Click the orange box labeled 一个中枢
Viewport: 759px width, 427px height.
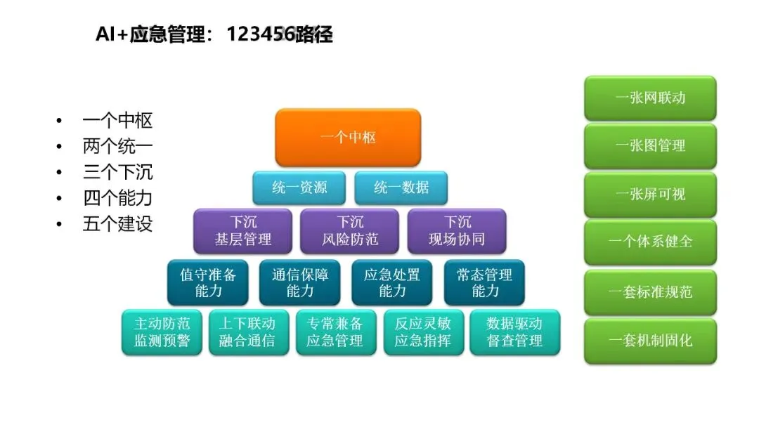(x=348, y=138)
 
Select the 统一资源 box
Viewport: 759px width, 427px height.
(x=299, y=188)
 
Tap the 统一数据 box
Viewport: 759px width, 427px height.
(x=401, y=188)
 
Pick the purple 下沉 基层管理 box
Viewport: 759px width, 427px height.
(x=243, y=231)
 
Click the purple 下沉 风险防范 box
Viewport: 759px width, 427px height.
(x=350, y=231)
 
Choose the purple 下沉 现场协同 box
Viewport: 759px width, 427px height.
(x=457, y=231)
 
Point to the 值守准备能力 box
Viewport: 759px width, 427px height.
(x=208, y=282)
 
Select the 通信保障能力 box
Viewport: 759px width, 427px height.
(x=300, y=282)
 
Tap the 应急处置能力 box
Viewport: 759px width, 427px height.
(x=392, y=282)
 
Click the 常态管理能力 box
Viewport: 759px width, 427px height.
(x=485, y=282)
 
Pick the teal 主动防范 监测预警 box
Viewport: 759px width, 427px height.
(x=162, y=332)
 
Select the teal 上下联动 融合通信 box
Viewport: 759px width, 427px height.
(x=247, y=332)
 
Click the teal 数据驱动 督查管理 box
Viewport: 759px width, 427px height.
(x=515, y=332)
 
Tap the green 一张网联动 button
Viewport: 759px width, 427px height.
(x=650, y=98)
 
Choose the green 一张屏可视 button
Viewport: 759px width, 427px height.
(x=650, y=194)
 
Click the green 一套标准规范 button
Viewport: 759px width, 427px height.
(x=650, y=291)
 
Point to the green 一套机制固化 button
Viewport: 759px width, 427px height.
(x=650, y=341)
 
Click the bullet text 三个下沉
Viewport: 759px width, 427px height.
(x=117, y=172)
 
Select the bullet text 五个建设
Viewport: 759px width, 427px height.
(x=117, y=224)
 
